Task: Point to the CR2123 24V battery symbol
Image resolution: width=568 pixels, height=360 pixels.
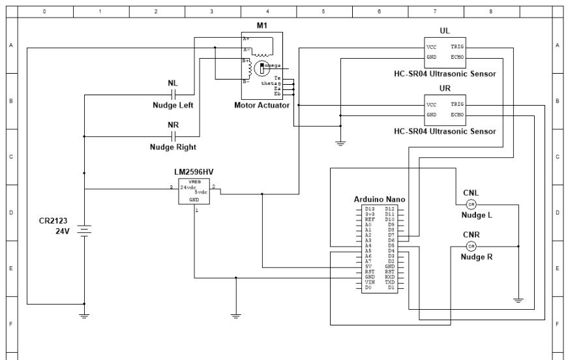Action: coord(84,231)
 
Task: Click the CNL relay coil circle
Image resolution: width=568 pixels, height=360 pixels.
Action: coord(471,204)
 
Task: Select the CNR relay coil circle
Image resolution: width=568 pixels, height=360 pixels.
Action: coord(471,246)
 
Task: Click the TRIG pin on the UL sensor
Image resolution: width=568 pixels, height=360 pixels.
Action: coord(456,48)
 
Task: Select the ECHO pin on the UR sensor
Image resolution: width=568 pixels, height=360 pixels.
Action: coord(456,115)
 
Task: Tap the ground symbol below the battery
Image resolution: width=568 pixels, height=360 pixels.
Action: coord(84,315)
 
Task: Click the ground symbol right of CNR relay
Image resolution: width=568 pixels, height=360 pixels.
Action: coord(518,300)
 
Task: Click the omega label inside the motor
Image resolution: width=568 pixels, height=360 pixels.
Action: coord(272,66)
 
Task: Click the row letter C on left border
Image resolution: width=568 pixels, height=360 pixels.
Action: coord(9,157)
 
